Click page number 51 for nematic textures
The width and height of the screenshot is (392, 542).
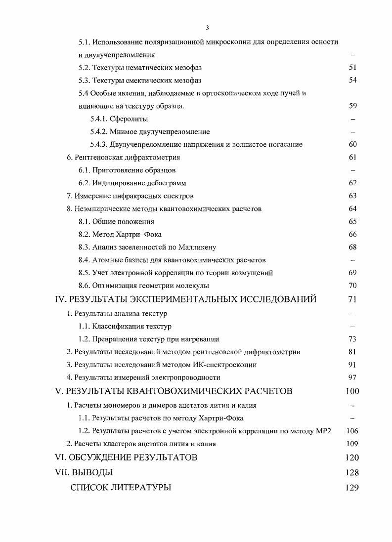352,67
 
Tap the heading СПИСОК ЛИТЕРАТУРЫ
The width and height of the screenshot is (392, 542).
121,488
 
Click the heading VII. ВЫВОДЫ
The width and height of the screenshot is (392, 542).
84,472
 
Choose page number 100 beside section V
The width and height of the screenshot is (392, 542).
352,391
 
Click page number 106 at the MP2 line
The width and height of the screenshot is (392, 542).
352,431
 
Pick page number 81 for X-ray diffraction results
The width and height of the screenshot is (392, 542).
352,352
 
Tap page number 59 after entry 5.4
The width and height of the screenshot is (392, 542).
352,106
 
